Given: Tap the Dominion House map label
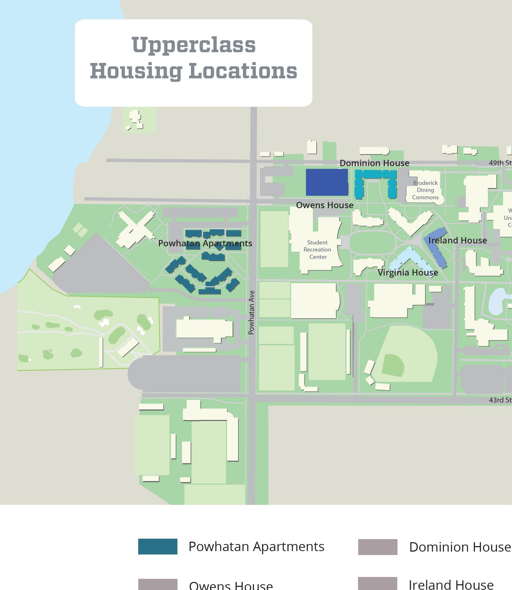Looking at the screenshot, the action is [374, 163].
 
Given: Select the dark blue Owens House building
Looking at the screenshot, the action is [327, 182].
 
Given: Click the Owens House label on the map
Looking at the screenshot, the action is [324, 205].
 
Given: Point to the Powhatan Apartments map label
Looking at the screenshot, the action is [205, 243].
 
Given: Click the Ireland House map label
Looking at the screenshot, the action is [457, 240].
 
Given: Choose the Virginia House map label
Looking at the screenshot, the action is [408, 273].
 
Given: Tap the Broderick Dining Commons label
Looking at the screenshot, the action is [425, 190].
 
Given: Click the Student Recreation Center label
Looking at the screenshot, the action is [317, 249].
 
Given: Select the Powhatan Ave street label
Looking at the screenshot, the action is [251, 313].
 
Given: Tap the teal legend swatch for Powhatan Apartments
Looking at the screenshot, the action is [158, 547].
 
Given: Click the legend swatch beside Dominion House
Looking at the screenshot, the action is [377, 547].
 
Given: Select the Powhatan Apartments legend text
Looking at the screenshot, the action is [256, 547].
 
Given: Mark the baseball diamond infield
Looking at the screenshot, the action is [393, 366].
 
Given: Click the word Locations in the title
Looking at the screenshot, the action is [243, 71].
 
